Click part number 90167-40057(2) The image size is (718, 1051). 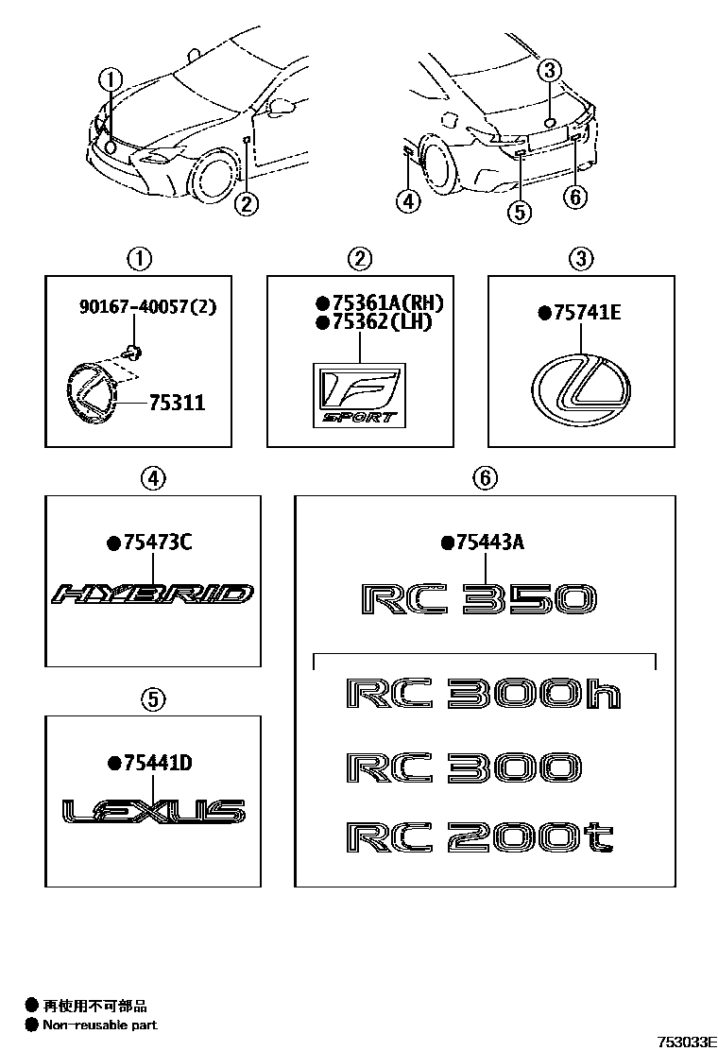pyautogui.click(x=147, y=307)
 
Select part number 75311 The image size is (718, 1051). pyautogui.click(x=177, y=403)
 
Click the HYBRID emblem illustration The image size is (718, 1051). pyautogui.click(x=153, y=594)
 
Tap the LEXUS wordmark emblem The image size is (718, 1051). pyautogui.click(x=153, y=811)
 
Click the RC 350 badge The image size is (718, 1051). pyautogui.click(x=478, y=598)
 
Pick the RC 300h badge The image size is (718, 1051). pyautogui.click(x=483, y=693)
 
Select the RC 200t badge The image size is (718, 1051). pyautogui.click(x=480, y=837)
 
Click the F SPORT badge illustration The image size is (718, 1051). pyautogui.click(x=360, y=395)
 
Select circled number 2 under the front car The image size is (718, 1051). pyautogui.click(x=247, y=202)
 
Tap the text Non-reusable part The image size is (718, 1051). pyautogui.click(x=100, y=1025)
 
